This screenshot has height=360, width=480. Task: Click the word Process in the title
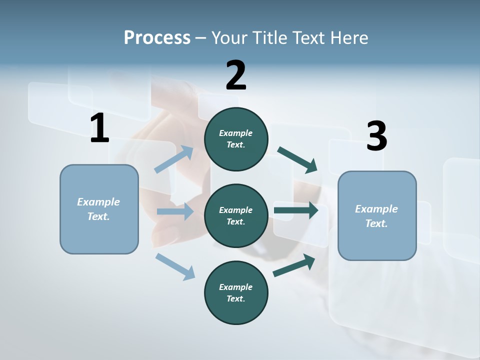click(157, 37)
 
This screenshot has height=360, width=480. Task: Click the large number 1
click(99, 128)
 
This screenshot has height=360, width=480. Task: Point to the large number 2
click(236, 75)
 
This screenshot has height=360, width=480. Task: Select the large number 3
click(376, 136)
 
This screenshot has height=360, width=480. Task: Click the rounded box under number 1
click(99, 209)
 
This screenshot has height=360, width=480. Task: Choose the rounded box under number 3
click(377, 216)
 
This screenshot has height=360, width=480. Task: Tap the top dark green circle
click(236, 139)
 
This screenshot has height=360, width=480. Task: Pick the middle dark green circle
click(236, 216)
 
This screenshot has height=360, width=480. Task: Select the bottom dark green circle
click(236, 293)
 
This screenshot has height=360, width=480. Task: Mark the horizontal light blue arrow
click(175, 211)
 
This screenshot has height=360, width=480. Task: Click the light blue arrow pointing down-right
click(175, 266)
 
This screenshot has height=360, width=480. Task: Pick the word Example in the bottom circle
click(236, 287)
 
